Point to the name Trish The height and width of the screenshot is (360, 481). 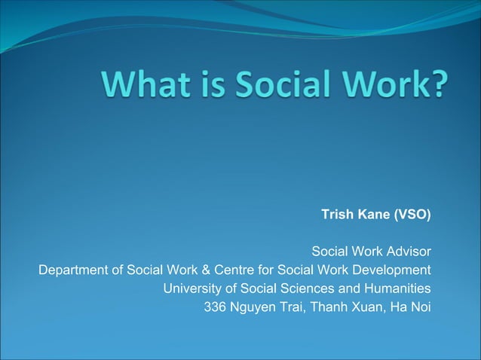pos(337,215)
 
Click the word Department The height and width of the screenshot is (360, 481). pos(72,270)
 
